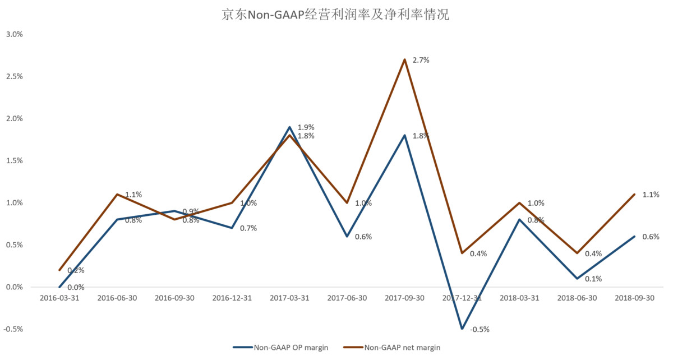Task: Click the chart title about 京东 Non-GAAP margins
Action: pyautogui.click(x=336, y=15)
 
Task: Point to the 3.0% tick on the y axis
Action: pyautogui.click(x=14, y=34)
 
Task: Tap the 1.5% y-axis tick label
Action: pyautogui.click(x=14, y=160)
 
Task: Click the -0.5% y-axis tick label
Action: pyautogui.click(x=13, y=329)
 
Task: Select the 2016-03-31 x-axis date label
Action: pyautogui.click(x=59, y=298)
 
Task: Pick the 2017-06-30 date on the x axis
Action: pyautogui.click(x=347, y=298)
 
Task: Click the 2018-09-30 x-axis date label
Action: pyautogui.click(x=634, y=298)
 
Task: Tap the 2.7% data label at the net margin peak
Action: pyautogui.click(x=421, y=60)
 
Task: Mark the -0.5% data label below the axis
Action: pyautogui.click(x=480, y=330)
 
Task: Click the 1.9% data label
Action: pyautogui.click(x=306, y=127)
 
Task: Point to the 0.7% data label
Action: pyautogui.click(x=248, y=228)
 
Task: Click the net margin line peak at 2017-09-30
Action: pyautogui.click(x=404, y=59)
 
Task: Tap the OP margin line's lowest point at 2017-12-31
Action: pyautogui.click(x=462, y=329)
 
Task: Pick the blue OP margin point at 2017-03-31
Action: pyautogui.click(x=289, y=127)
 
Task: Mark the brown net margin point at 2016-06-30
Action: pyautogui.click(x=117, y=195)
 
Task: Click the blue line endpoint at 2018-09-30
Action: pyautogui.click(x=634, y=236)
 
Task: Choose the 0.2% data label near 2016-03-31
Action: pyautogui.click(x=76, y=271)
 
